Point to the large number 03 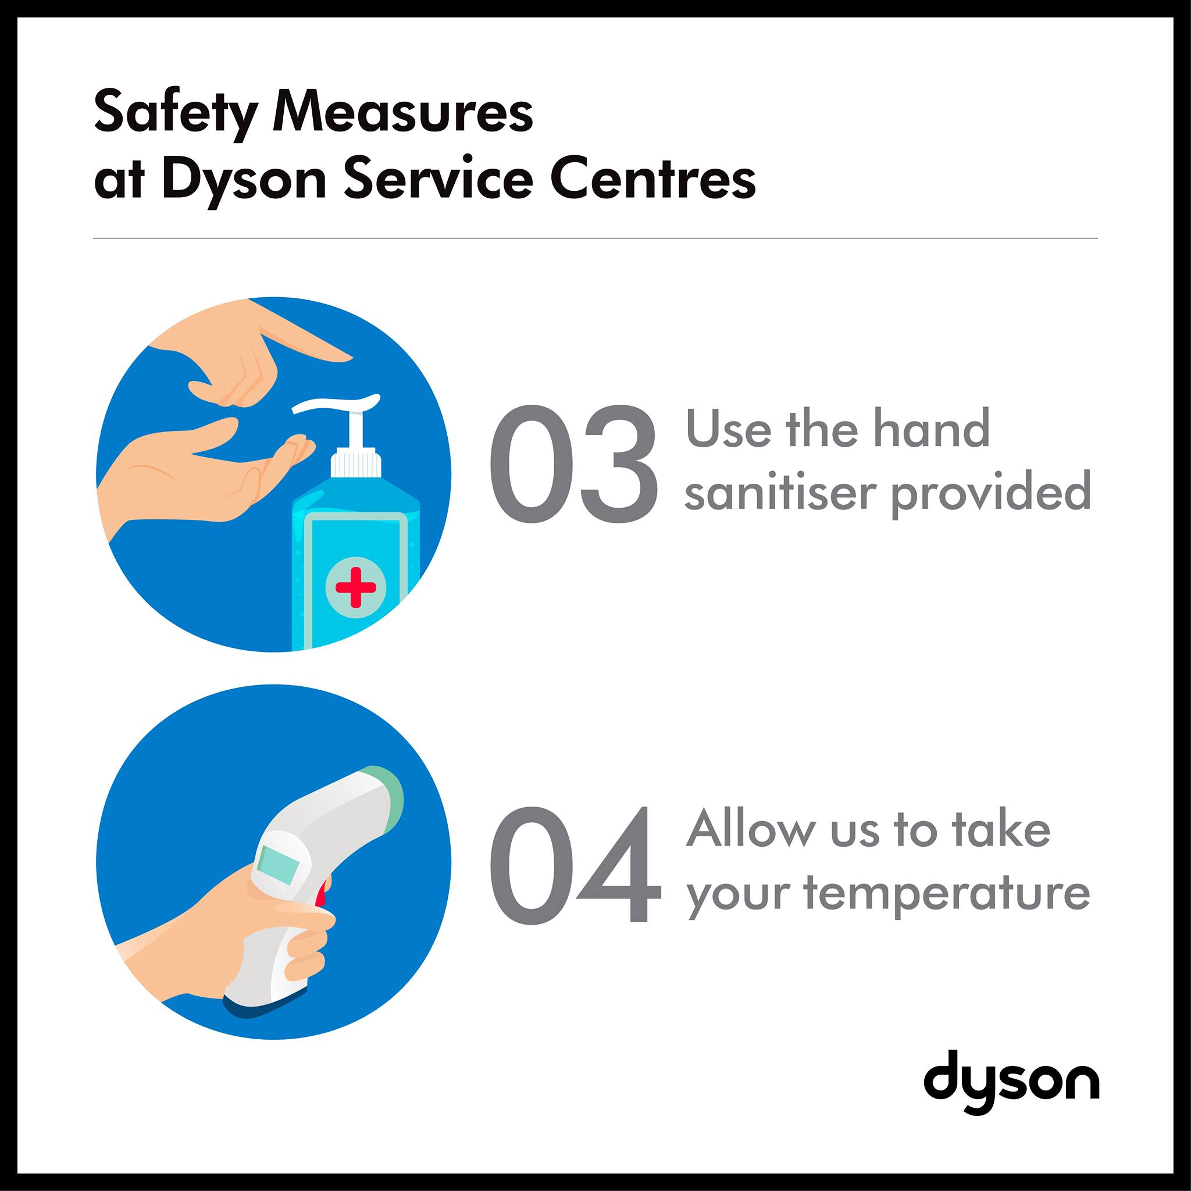pos(573,463)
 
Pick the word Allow pos(751,829)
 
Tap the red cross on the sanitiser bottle pos(356,586)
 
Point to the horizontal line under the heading pos(595,238)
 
